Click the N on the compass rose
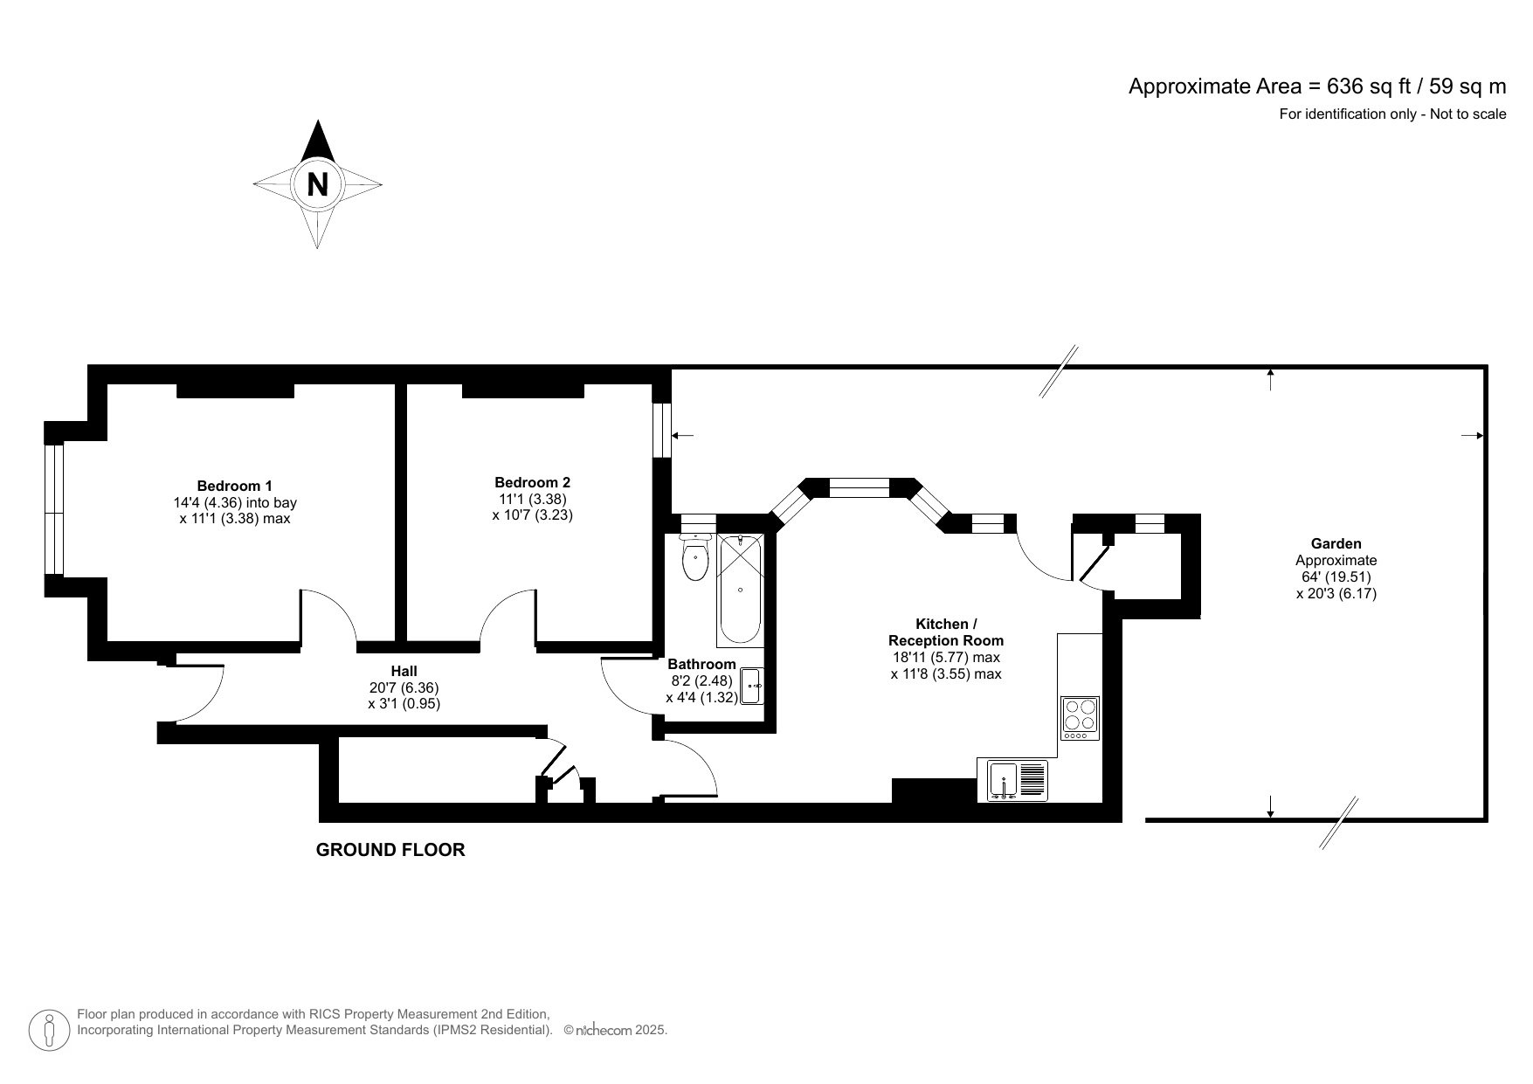click(x=318, y=185)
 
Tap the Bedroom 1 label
click(x=234, y=486)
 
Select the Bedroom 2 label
click(x=532, y=482)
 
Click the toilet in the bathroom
click(x=695, y=559)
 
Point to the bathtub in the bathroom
click(x=740, y=589)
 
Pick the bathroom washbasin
click(x=752, y=687)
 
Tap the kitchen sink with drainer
click(x=1018, y=780)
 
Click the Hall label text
click(x=404, y=671)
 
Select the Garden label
click(x=1336, y=543)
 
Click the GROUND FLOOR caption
click(x=390, y=849)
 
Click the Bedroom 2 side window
click(x=664, y=429)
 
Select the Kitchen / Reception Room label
click(x=946, y=632)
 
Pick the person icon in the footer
click(x=50, y=1031)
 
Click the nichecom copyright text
click(x=616, y=1031)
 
